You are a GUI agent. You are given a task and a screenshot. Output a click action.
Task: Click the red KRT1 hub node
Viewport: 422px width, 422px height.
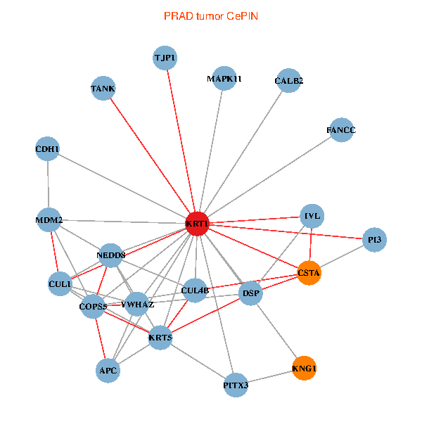pos(197,224)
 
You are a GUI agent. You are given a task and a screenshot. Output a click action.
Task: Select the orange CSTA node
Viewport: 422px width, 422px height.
pos(309,273)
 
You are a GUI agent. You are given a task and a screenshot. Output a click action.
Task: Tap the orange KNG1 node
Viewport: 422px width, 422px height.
pos(304,368)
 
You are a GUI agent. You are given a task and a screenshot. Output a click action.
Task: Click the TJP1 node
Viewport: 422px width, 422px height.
pos(165,58)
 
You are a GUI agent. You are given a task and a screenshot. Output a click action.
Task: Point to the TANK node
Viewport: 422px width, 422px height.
pos(103,89)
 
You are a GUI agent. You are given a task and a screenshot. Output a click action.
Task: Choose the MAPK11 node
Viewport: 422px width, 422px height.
pos(224,79)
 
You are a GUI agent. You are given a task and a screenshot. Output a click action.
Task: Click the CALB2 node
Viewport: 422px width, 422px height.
pos(288,81)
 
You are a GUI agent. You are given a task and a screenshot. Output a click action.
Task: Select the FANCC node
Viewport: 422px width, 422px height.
pos(341,130)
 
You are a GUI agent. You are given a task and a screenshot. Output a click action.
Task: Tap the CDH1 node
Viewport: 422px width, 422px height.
pos(47,148)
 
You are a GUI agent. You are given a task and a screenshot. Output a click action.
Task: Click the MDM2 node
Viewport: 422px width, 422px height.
pos(49,220)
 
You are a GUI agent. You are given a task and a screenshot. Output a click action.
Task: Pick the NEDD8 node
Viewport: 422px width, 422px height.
pos(111,255)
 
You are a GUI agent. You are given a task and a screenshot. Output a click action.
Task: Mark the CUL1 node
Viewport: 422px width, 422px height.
pos(60,284)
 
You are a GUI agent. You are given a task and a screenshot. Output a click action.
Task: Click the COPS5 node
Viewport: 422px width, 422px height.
pos(93,306)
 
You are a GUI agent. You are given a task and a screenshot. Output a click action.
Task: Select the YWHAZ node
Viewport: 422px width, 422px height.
pos(137,305)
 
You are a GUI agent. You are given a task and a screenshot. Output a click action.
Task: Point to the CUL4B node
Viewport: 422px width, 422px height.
pos(195,289)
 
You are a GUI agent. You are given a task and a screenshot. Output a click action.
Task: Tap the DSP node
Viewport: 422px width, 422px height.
pos(250,293)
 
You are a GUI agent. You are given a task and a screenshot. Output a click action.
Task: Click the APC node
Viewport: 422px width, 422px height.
pos(108,369)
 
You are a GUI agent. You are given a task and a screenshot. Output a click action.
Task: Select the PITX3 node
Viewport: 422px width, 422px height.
pos(236,385)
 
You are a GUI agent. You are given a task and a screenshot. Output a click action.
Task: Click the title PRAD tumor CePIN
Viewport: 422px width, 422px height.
pos(211,15)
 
